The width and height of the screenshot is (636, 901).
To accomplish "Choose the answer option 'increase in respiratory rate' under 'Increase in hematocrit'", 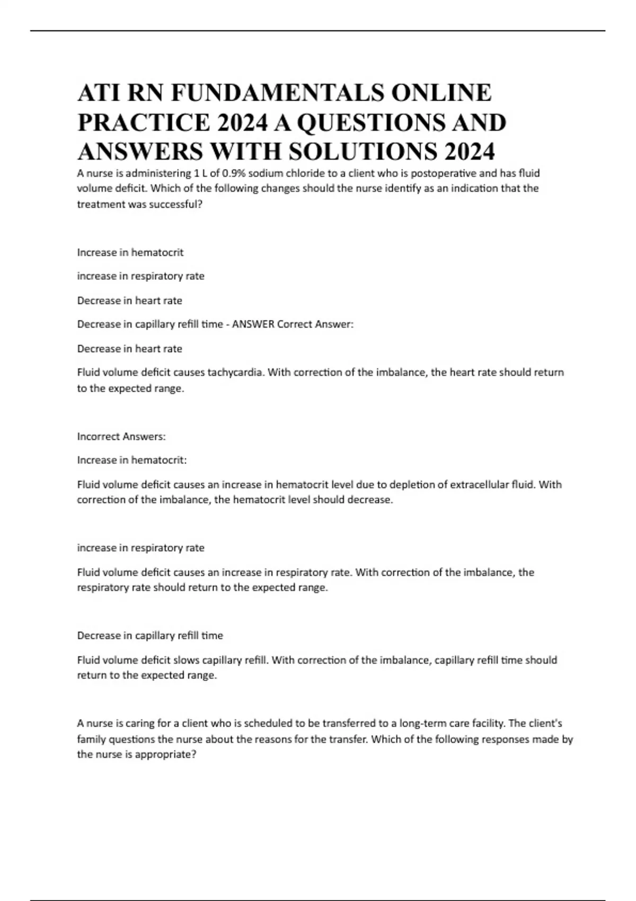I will click(x=140, y=276).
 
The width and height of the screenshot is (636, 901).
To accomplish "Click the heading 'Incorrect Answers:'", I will click(x=121, y=437).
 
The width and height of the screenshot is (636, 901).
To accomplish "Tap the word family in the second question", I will click(x=92, y=739).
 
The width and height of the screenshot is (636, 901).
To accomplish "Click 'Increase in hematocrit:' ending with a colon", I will click(x=132, y=461).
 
